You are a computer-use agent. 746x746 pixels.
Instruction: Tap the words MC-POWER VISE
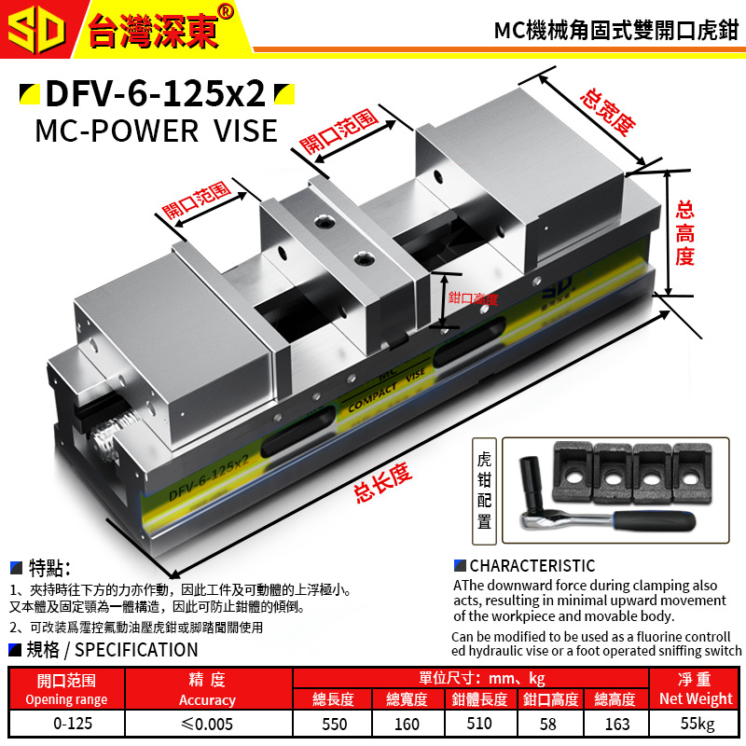(156, 130)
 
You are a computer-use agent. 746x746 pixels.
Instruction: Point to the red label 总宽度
(607, 113)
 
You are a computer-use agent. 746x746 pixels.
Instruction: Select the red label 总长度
(382, 484)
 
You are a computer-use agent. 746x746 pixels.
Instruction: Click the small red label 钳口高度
(473, 298)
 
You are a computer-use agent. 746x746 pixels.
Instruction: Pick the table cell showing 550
(333, 723)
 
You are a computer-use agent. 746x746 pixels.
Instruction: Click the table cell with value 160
(407, 723)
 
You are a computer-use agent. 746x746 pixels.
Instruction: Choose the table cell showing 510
(480, 723)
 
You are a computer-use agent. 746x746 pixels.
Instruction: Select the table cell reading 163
(616, 723)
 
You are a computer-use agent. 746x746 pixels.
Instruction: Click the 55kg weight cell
(696, 723)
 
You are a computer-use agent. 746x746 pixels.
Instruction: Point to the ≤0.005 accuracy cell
(206, 723)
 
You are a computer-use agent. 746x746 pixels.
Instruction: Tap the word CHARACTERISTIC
(532, 566)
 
